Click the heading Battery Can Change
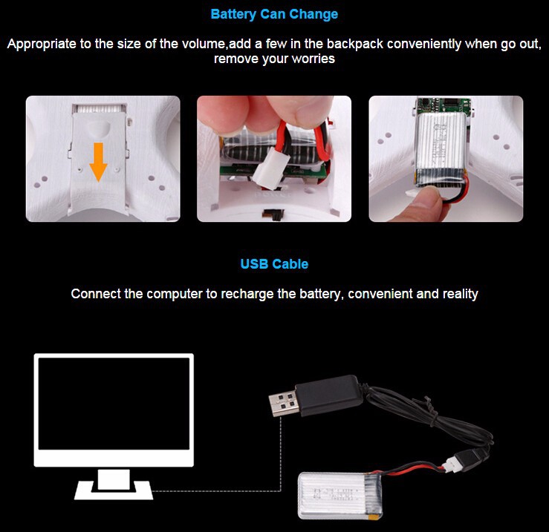274,14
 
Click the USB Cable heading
274,263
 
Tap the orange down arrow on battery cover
98,162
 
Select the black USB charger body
329,395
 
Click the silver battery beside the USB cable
340,496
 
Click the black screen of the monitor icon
114,404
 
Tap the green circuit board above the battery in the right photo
444,105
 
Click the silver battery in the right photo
441,148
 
